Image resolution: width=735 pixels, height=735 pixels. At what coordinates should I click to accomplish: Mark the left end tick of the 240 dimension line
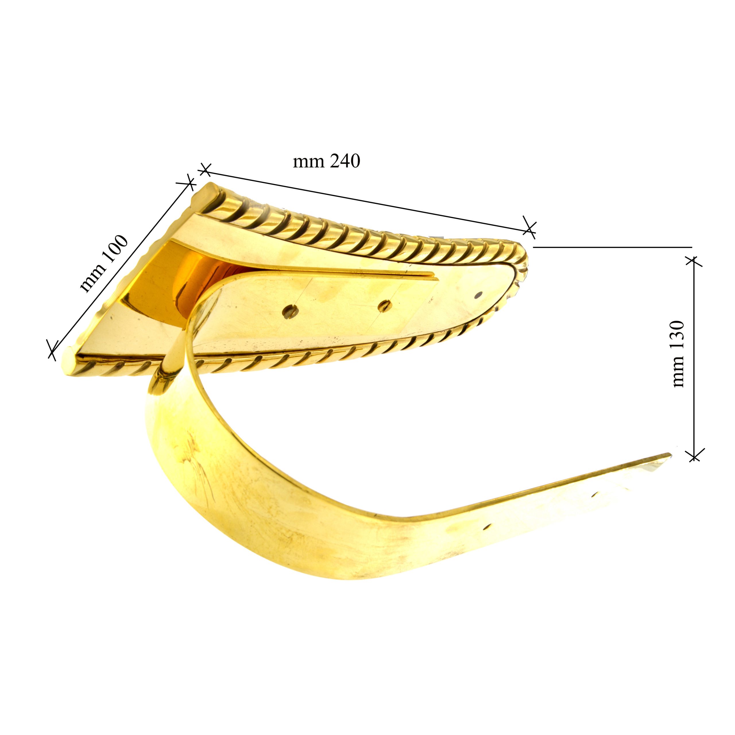click(205, 170)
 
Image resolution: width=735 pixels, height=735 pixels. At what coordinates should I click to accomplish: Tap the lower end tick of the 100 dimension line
click(53, 348)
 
